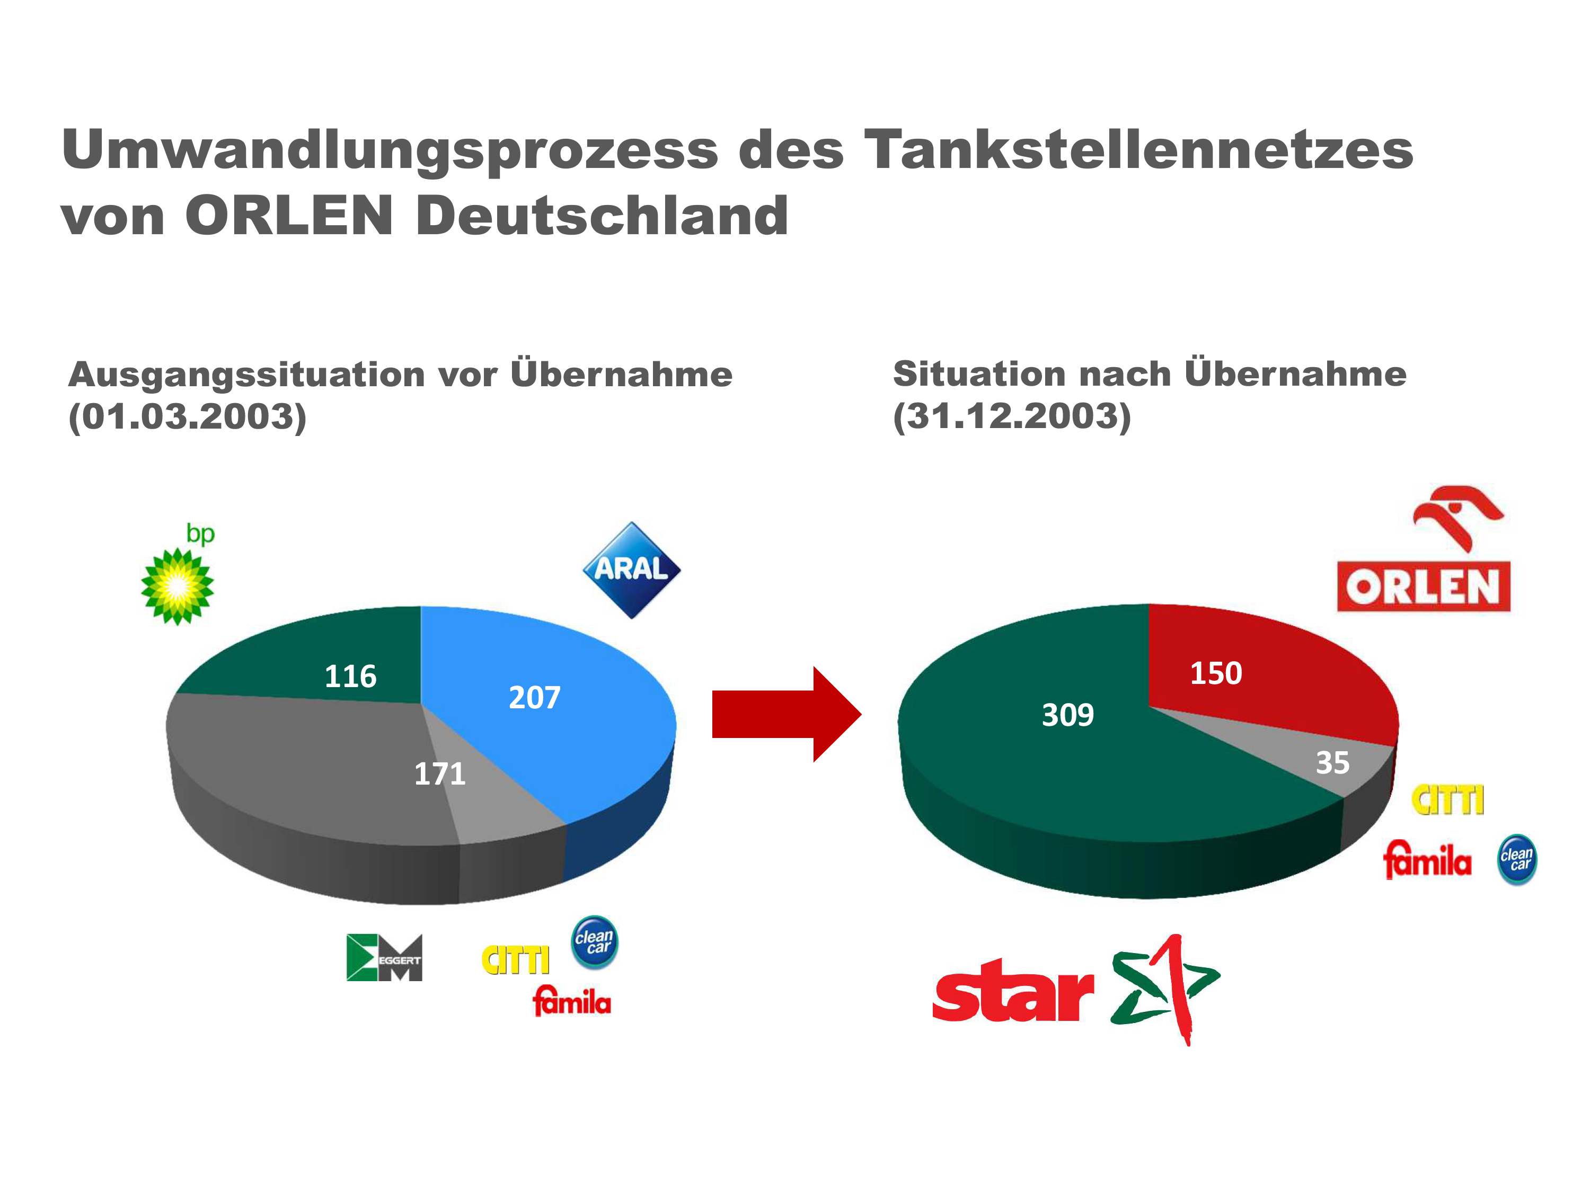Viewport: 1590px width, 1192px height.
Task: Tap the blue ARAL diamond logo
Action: (631, 570)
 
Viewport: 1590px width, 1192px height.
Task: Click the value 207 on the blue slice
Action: (534, 698)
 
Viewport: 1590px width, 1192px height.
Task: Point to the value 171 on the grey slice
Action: (439, 774)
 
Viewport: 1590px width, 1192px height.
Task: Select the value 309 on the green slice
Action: (1067, 715)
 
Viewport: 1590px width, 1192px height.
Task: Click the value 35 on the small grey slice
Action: (1332, 762)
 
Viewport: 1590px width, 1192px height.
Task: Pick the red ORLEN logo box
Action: (1423, 587)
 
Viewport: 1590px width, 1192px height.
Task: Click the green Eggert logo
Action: (384, 958)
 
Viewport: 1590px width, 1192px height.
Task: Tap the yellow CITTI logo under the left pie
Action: (515, 960)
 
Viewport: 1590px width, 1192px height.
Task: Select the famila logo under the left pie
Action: (571, 1001)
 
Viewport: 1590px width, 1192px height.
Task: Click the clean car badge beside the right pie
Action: (1517, 859)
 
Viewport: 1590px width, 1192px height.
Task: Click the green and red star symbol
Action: (1164, 988)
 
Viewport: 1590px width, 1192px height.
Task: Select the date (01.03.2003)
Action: (187, 417)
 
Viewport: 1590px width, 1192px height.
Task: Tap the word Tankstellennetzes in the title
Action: (1138, 149)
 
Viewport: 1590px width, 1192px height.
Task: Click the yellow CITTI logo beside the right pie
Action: (1447, 799)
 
